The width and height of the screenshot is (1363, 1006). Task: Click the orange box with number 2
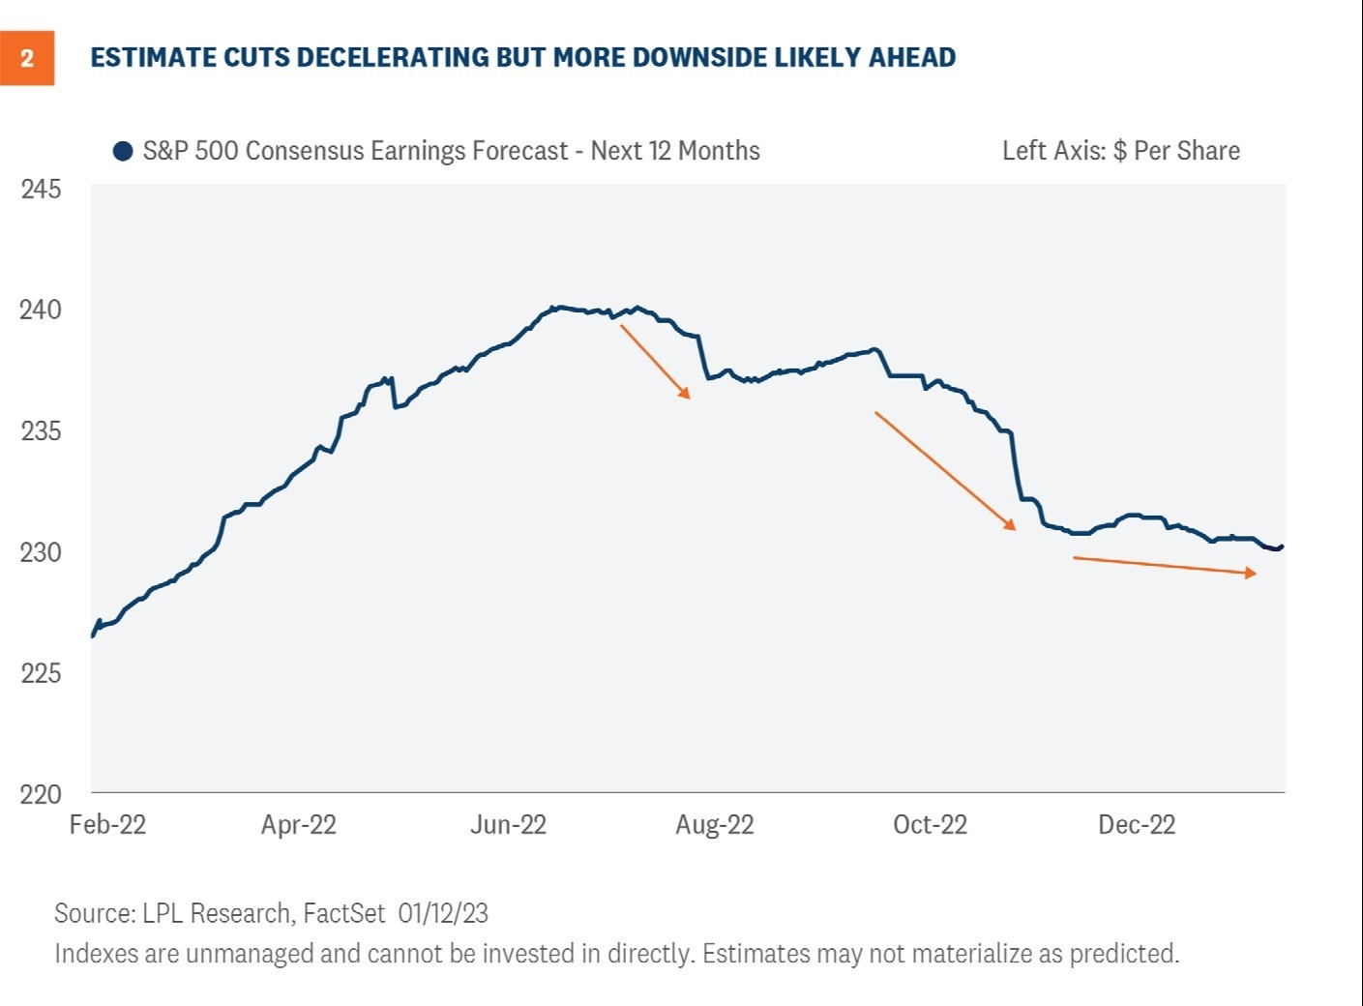click(x=27, y=58)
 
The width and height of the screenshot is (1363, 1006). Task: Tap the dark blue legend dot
click(x=123, y=152)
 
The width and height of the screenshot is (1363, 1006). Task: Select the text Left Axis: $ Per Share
click(x=1120, y=151)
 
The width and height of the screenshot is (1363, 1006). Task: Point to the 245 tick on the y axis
click(x=41, y=189)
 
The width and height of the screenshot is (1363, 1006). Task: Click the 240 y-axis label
click(x=41, y=310)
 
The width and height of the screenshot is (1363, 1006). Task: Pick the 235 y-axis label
click(x=41, y=430)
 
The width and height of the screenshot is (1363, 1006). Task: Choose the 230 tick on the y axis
click(x=41, y=552)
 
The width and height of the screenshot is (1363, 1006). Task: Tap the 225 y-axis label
click(x=41, y=673)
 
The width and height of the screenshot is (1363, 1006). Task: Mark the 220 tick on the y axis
click(x=41, y=794)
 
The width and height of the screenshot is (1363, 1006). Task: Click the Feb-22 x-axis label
click(x=107, y=825)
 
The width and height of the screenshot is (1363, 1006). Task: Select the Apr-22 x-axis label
click(x=298, y=825)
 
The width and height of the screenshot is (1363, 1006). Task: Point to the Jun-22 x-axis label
click(x=508, y=825)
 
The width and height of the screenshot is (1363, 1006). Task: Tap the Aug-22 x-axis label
click(x=714, y=825)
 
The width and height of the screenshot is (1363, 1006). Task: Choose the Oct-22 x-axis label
click(x=930, y=825)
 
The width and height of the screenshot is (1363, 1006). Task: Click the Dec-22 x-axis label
click(x=1137, y=825)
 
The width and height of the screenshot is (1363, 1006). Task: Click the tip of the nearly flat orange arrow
click(x=1255, y=574)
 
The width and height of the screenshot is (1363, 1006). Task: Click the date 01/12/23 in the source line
click(x=443, y=913)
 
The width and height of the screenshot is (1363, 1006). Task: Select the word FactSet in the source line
click(x=344, y=913)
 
